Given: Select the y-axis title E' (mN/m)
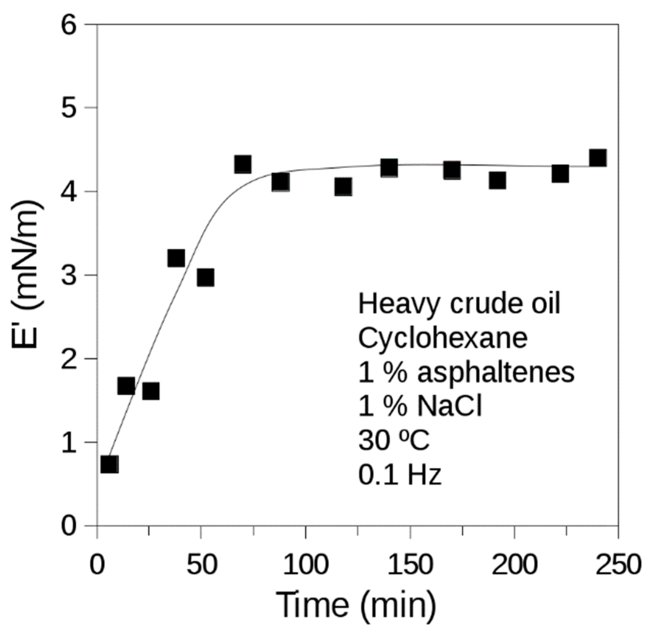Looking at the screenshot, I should [x=27, y=275].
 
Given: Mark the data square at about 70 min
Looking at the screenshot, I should [x=243, y=164].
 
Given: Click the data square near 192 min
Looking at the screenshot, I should [x=497, y=181].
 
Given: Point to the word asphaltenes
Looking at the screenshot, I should [x=496, y=372].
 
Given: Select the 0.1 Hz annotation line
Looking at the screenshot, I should [x=400, y=475].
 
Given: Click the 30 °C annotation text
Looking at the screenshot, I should [x=394, y=440].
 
